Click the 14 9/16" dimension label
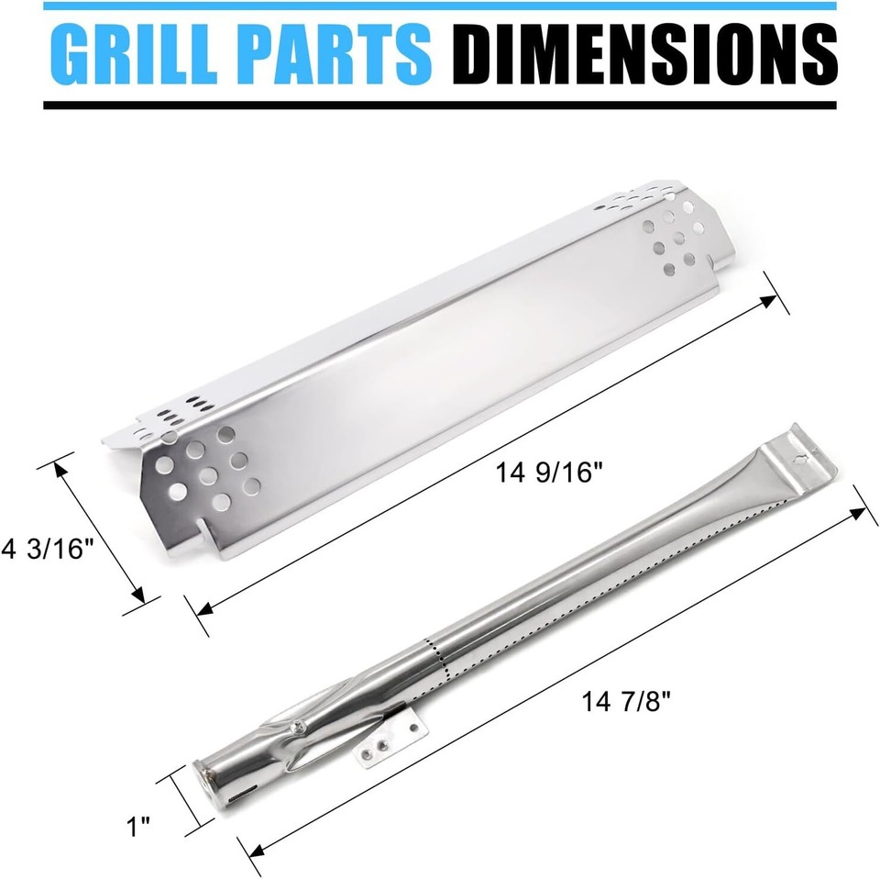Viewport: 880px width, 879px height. tap(550, 474)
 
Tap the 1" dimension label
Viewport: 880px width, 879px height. tap(138, 829)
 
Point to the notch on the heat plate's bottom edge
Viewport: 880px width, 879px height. tap(201, 529)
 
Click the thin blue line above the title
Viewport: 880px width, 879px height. tap(440, 6)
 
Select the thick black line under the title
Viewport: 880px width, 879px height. tap(440, 106)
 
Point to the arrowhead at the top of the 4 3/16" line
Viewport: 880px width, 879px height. tap(65, 469)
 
